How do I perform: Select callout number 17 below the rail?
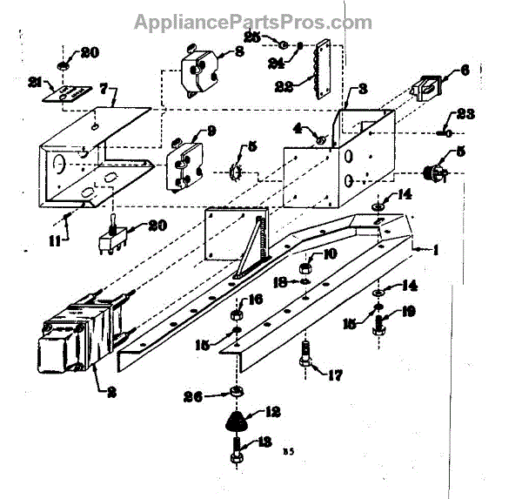coord(334,376)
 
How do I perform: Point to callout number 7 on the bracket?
coord(104,89)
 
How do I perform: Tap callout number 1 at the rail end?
coord(434,250)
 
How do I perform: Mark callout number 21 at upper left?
coord(36,83)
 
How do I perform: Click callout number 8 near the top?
coord(239,51)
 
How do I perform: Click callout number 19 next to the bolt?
coord(409,312)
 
